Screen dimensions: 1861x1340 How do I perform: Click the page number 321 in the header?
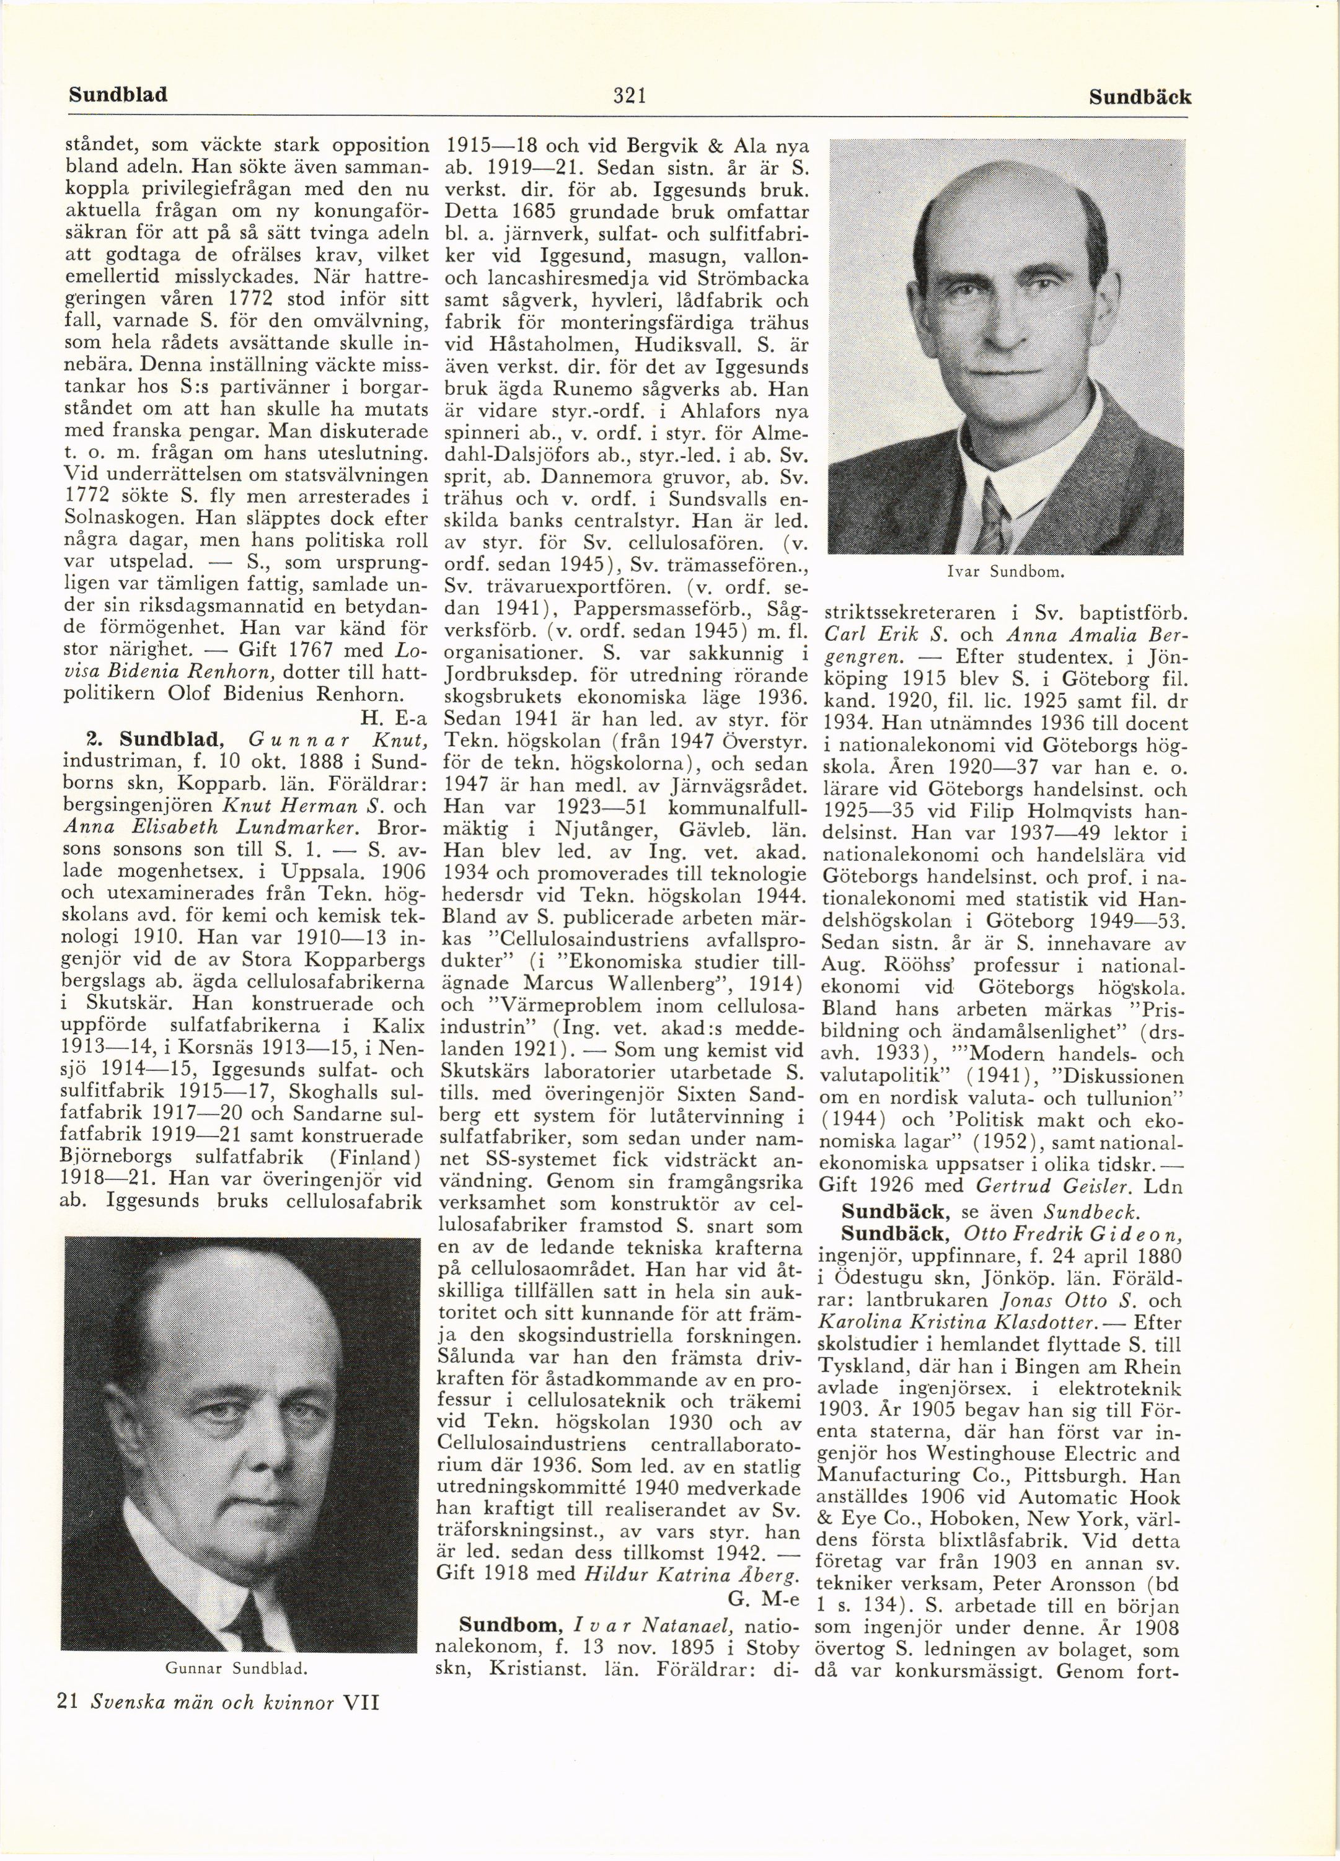point(630,95)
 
